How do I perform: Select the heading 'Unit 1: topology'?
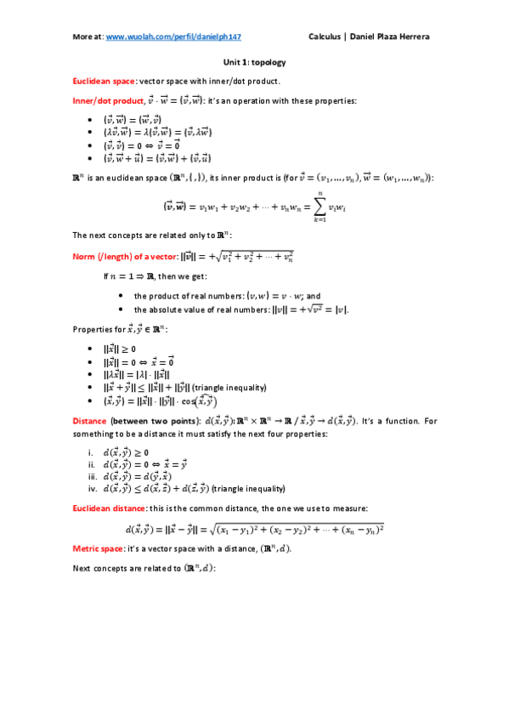pyautogui.click(x=254, y=62)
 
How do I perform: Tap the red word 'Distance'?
pyautogui.click(x=89, y=421)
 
